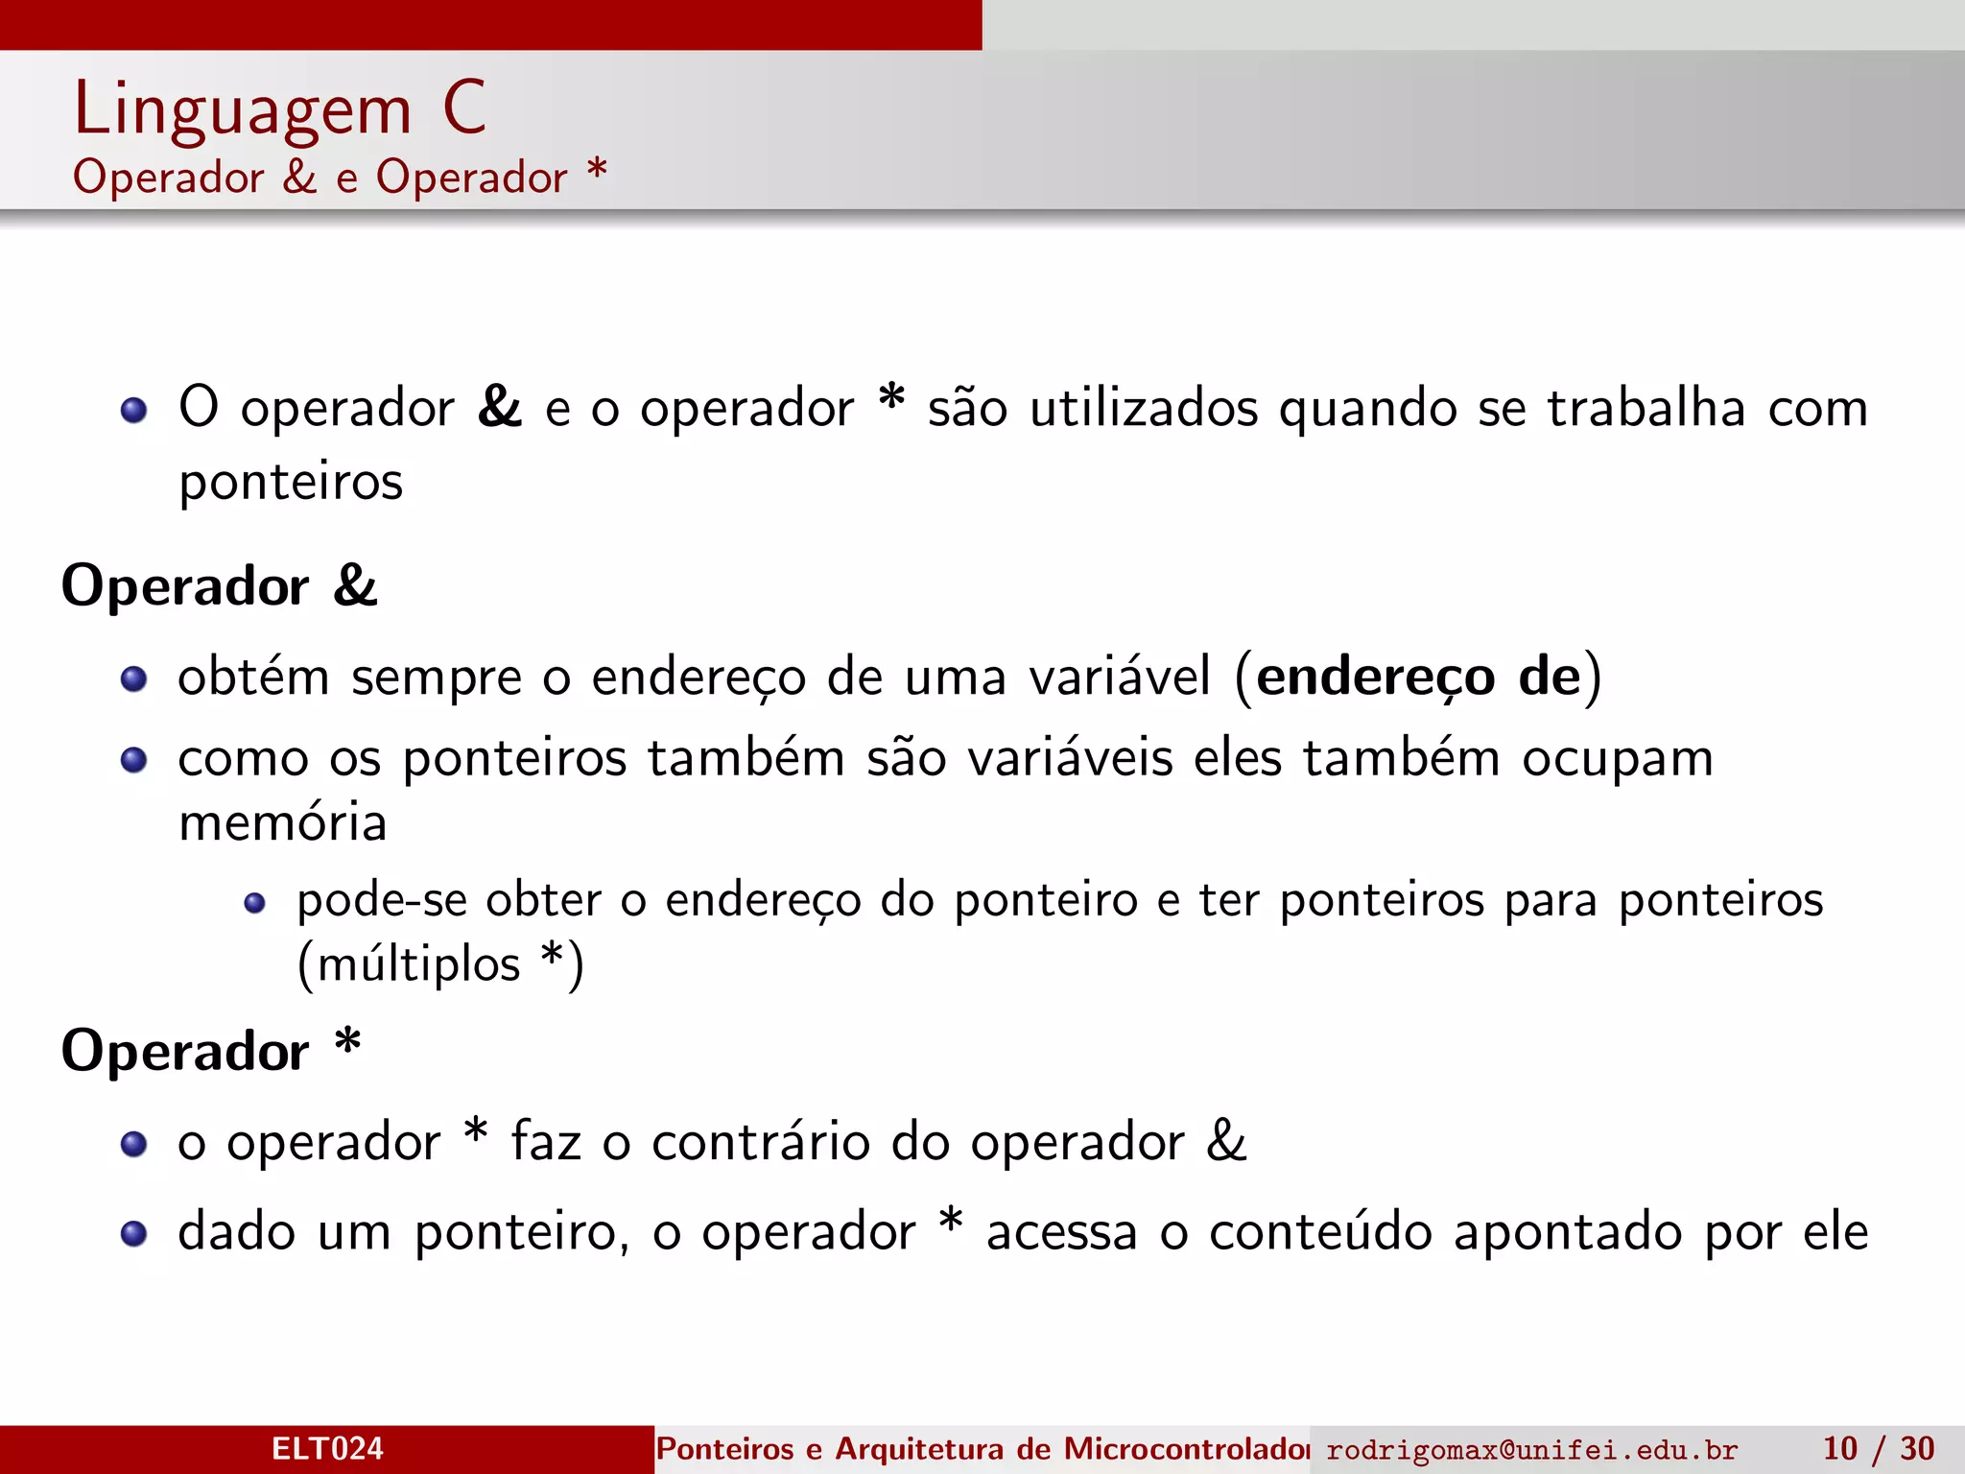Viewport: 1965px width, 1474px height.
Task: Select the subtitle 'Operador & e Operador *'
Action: coord(340,178)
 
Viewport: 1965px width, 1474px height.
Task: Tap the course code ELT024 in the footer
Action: coord(327,1448)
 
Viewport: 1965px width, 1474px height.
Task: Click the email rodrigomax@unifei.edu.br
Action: coord(1531,1449)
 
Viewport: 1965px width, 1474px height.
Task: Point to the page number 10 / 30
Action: coord(1878,1448)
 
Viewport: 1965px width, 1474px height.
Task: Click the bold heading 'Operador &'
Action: coord(220,585)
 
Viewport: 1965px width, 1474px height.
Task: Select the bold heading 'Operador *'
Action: coord(211,1050)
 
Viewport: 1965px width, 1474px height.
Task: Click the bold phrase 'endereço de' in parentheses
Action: coord(1418,677)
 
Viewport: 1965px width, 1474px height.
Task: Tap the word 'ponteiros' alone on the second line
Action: coord(291,481)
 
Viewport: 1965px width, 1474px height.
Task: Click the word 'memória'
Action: coord(283,822)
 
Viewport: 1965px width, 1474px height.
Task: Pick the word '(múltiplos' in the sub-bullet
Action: coord(409,963)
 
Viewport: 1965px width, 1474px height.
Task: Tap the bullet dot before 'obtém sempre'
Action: coord(134,679)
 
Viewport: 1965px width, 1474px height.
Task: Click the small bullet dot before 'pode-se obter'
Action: coord(254,903)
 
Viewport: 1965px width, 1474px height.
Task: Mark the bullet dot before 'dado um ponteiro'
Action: coord(134,1233)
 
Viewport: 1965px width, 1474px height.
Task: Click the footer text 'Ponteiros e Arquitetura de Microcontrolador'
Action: coord(982,1448)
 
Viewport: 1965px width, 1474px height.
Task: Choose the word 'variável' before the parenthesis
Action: coord(1120,677)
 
